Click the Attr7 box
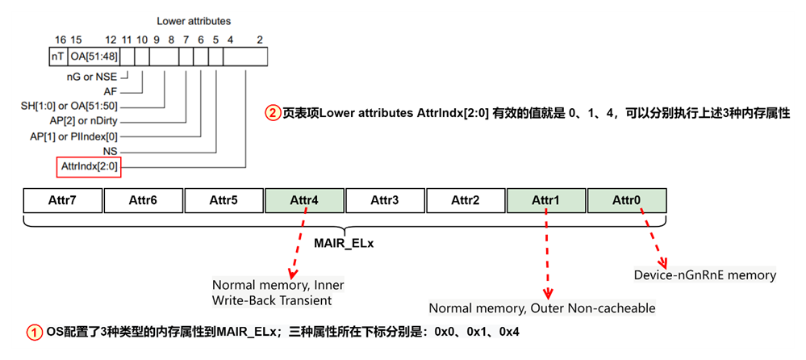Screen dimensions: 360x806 [x=63, y=200]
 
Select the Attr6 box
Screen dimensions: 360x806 [x=144, y=200]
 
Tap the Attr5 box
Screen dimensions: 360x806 [x=223, y=200]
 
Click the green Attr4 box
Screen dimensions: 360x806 [x=304, y=200]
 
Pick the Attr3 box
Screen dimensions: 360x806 [x=385, y=200]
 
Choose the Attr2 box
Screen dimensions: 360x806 [x=466, y=200]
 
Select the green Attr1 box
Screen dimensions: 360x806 [x=546, y=200]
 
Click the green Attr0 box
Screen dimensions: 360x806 [x=627, y=200]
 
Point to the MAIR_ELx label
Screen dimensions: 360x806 [x=345, y=241]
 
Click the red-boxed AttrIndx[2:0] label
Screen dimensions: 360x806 [x=89, y=167]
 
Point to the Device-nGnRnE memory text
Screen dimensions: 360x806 [x=705, y=275]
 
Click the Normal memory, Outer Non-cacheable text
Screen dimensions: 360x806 [x=541, y=308]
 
